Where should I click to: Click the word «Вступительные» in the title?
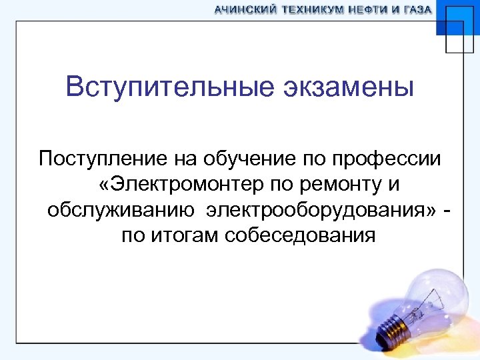pyautogui.click(x=166, y=88)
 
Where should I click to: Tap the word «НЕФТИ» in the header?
pyautogui.click(x=371, y=10)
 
